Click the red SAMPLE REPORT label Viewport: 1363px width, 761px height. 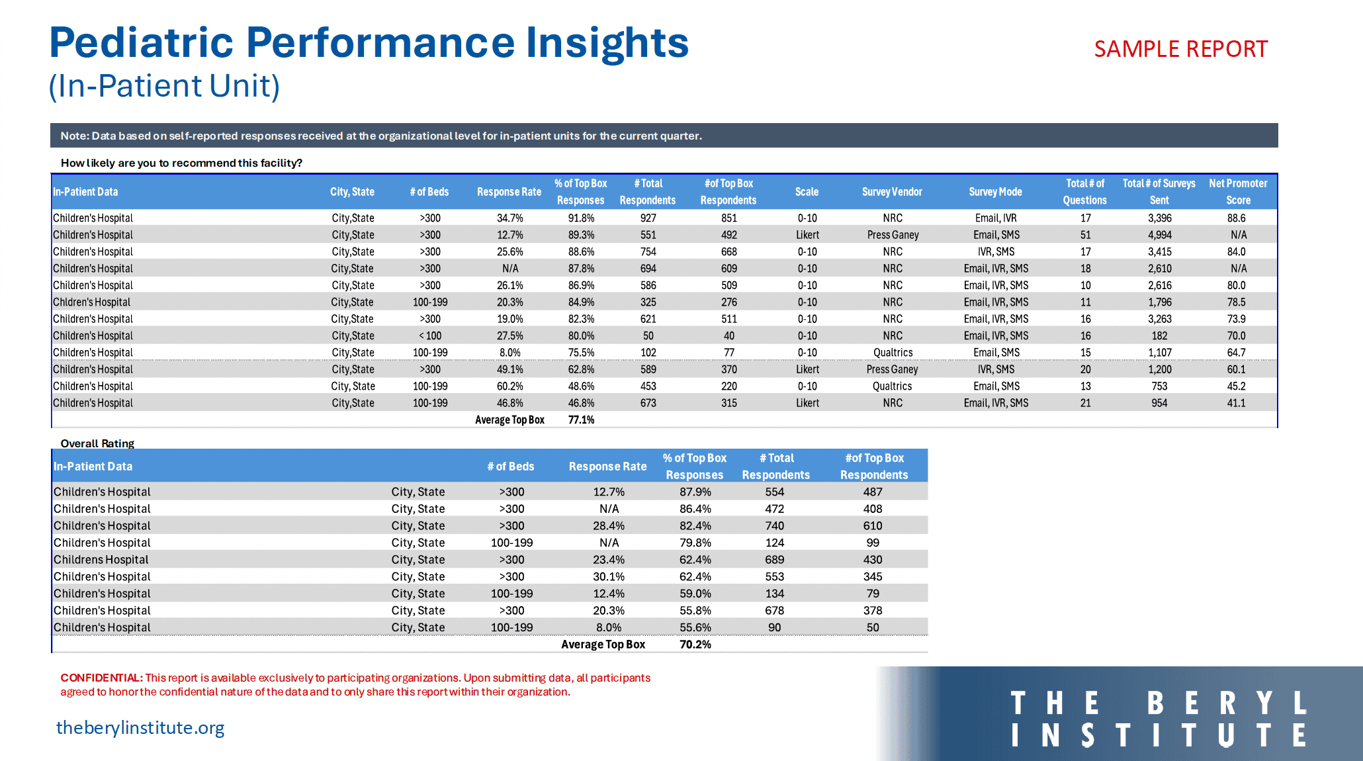click(1180, 49)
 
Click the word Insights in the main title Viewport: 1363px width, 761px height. click(607, 43)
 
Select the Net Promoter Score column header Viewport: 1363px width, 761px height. click(1238, 192)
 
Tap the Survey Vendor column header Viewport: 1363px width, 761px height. click(892, 192)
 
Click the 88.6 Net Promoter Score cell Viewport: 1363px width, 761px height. click(1236, 218)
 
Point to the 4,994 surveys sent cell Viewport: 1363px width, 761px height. click(1159, 235)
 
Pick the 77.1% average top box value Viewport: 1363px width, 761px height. click(581, 420)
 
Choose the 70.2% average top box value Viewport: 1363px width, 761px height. click(695, 645)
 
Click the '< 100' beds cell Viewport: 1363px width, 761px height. click(430, 336)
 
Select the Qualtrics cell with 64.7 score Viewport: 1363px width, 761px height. click(893, 353)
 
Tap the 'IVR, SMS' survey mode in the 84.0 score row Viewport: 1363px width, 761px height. click(996, 251)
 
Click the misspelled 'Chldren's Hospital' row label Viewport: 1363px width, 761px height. click(92, 302)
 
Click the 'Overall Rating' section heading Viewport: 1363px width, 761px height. click(97, 443)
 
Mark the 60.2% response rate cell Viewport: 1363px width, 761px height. click(510, 386)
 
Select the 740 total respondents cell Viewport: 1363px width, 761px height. click(775, 526)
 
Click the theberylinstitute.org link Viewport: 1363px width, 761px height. click(140, 728)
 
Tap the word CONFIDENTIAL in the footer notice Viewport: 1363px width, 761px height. click(102, 678)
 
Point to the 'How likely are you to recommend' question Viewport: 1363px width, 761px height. click(181, 163)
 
